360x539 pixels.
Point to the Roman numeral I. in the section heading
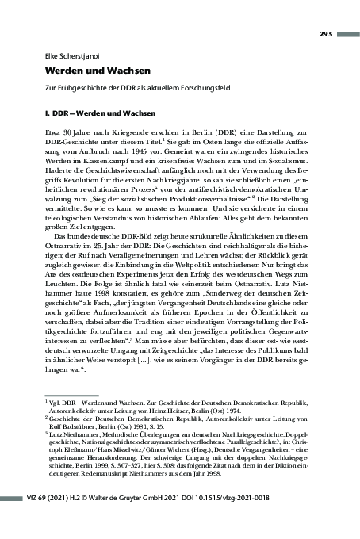click(48, 120)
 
